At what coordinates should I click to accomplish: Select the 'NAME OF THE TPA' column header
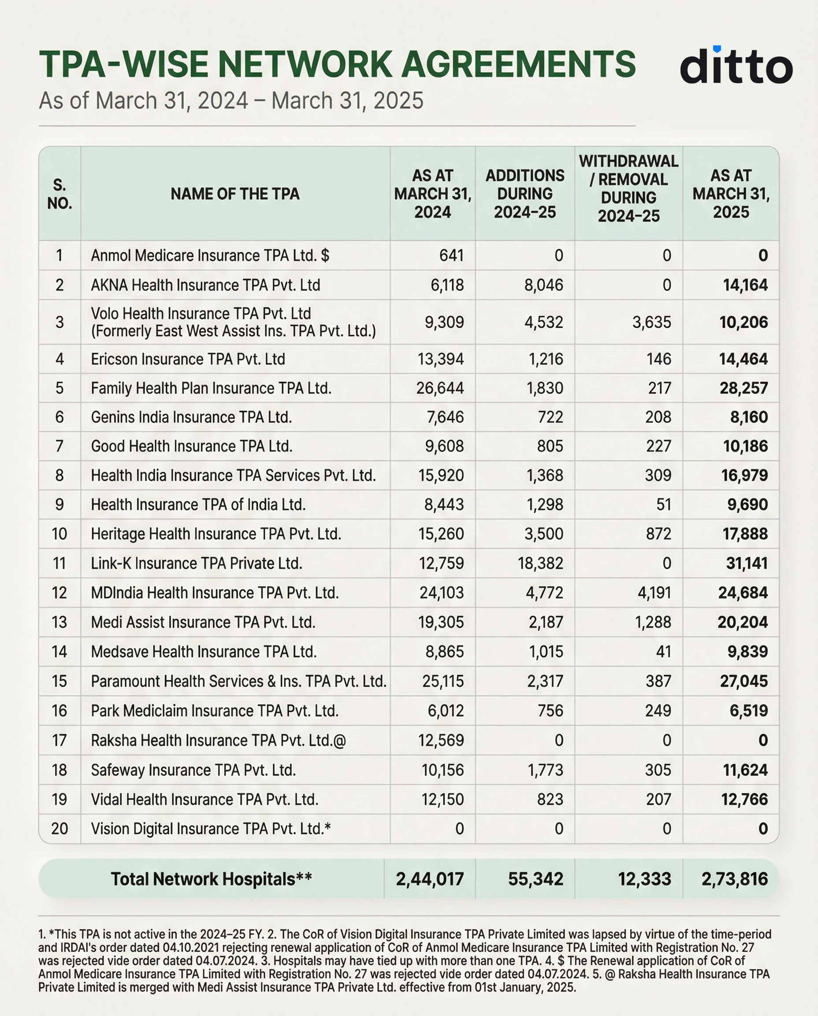click(x=234, y=194)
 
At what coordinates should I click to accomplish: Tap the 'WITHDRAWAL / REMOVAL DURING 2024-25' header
click(x=628, y=189)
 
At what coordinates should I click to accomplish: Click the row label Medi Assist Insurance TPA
click(x=203, y=622)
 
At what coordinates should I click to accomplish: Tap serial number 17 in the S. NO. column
click(x=59, y=741)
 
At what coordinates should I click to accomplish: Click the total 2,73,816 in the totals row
click(x=734, y=879)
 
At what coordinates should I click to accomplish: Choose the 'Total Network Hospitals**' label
click(x=211, y=879)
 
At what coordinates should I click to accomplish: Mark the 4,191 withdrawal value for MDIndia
click(x=654, y=593)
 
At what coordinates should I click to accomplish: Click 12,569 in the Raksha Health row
click(x=441, y=741)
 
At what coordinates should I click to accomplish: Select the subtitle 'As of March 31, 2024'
click(x=143, y=101)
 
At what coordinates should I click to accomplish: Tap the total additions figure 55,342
click(x=535, y=879)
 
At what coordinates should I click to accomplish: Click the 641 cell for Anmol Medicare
click(x=451, y=255)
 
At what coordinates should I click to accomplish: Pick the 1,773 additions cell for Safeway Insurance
click(x=545, y=770)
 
